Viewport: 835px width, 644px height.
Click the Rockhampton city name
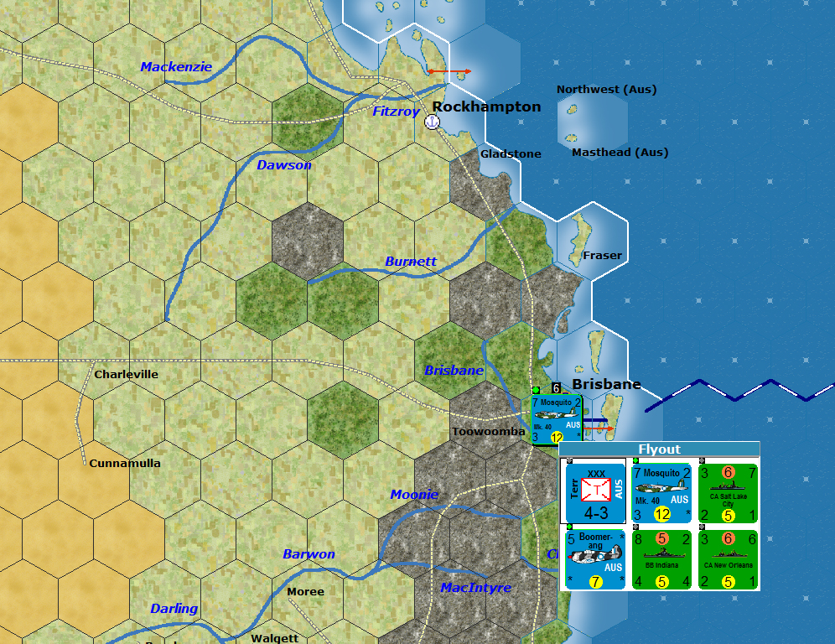click(486, 106)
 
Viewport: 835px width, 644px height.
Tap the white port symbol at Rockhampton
click(433, 122)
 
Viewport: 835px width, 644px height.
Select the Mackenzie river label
click(176, 67)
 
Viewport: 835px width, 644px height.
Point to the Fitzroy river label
click(396, 112)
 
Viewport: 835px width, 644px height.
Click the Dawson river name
click(284, 165)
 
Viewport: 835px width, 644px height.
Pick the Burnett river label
click(411, 262)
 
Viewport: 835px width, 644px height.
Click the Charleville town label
click(126, 374)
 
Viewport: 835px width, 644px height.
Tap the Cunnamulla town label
click(125, 463)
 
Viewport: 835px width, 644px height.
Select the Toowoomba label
click(489, 432)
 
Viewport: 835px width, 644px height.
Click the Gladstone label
click(511, 154)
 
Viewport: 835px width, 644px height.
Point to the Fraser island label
click(602, 255)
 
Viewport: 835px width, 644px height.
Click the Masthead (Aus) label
click(620, 153)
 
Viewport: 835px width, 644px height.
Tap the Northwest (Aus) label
click(606, 90)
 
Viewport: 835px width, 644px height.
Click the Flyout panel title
click(659, 449)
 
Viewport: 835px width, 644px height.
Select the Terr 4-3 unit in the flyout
click(595, 492)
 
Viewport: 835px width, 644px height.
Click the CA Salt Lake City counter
click(728, 492)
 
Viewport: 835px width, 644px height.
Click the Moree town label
click(305, 592)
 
